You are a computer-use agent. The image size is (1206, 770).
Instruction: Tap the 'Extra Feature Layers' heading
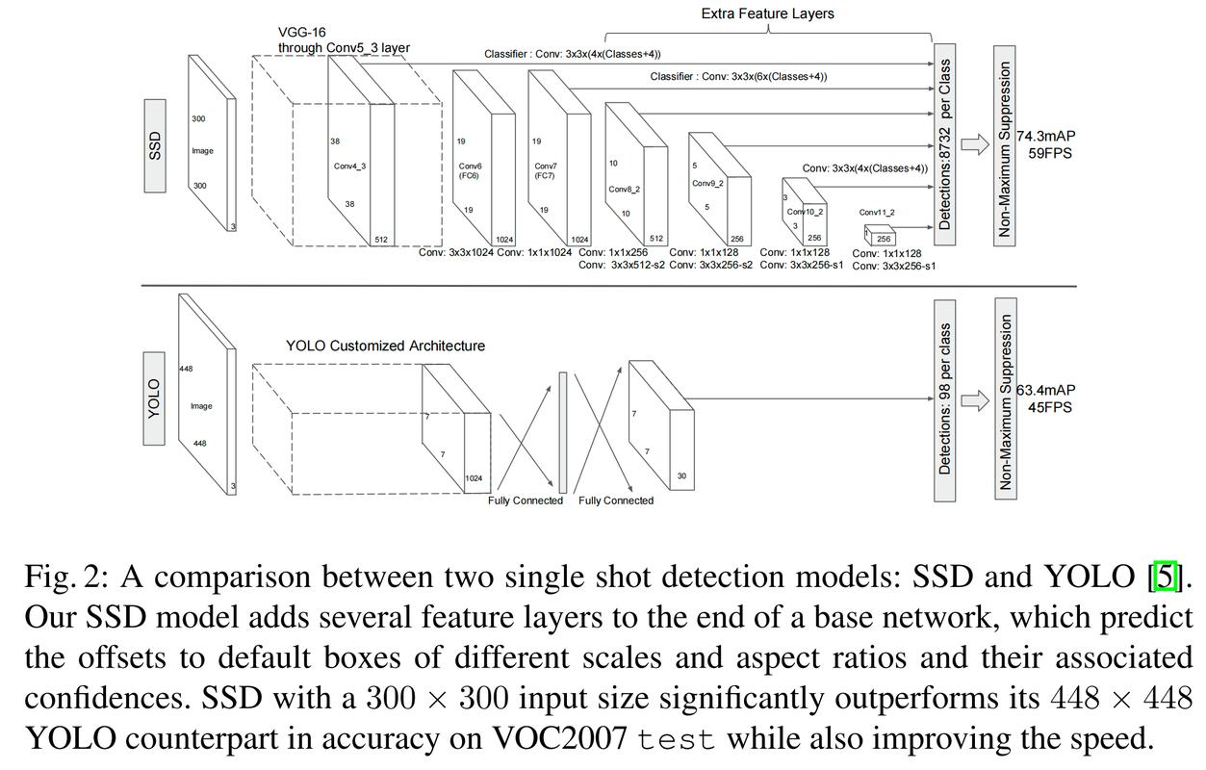[x=767, y=13]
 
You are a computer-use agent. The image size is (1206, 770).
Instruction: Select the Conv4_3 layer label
[x=349, y=167]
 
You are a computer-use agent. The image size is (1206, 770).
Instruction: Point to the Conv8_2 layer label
[x=625, y=190]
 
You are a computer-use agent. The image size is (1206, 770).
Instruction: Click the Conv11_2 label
[x=877, y=213]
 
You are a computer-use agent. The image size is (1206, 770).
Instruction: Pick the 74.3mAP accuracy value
[x=1046, y=137]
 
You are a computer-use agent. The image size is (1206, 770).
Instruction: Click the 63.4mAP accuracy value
[x=1046, y=391]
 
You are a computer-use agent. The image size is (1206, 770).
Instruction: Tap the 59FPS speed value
[x=1049, y=153]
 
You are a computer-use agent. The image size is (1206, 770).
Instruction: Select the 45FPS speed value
[x=1049, y=407]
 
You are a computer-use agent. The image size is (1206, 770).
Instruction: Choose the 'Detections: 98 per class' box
[x=945, y=399]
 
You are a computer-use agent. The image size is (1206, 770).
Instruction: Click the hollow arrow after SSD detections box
[x=976, y=144]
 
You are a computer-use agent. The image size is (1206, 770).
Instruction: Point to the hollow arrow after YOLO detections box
[x=976, y=400]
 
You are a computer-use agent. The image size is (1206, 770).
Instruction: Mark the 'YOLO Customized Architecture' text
[x=385, y=346]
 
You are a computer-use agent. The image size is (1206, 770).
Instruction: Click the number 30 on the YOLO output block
[x=681, y=476]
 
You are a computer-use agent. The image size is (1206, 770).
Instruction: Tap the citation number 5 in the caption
[x=1166, y=577]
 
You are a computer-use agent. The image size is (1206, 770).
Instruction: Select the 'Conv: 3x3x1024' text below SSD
[x=455, y=252]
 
